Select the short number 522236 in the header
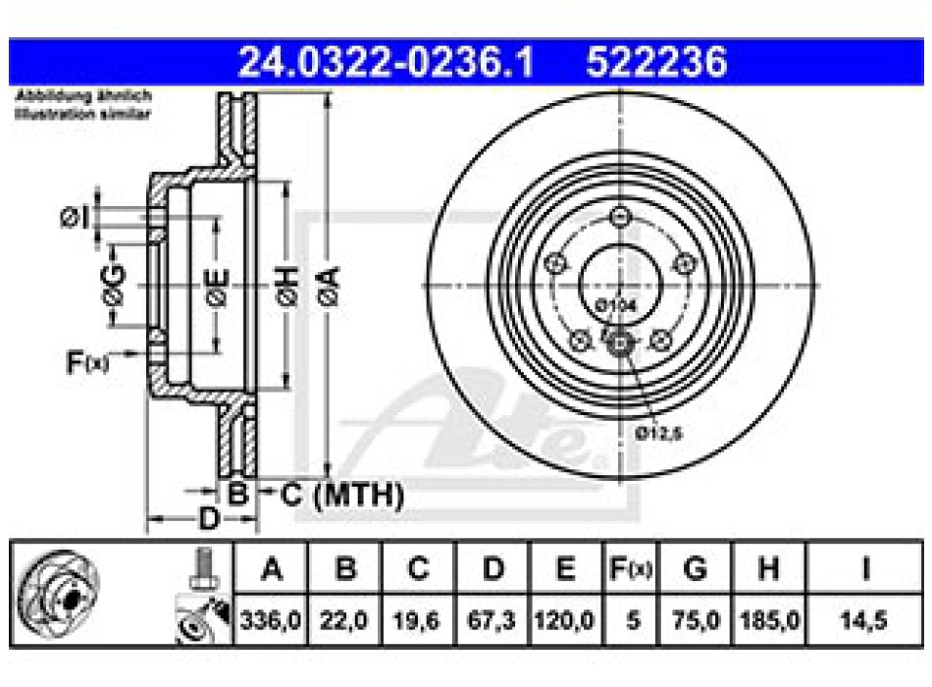coord(656,63)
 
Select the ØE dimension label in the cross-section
coord(215,285)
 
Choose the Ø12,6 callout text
coord(657,431)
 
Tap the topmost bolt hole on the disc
coord(619,218)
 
